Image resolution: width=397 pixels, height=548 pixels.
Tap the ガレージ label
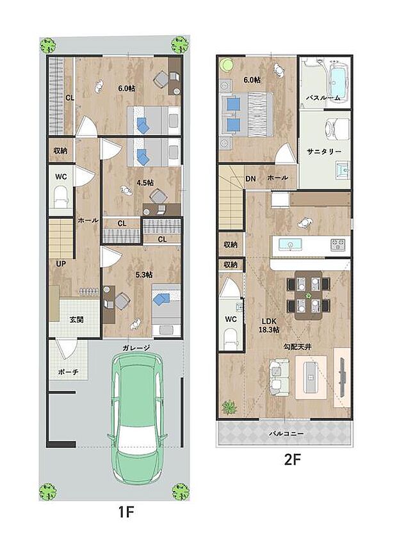[137, 348]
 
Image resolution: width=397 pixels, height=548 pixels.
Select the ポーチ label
[67, 372]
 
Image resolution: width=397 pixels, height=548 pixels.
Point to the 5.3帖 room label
[143, 275]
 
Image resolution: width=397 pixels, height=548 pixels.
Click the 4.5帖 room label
[145, 183]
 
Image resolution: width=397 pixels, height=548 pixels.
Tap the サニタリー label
[324, 151]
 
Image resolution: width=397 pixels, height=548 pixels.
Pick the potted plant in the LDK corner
[229, 407]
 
